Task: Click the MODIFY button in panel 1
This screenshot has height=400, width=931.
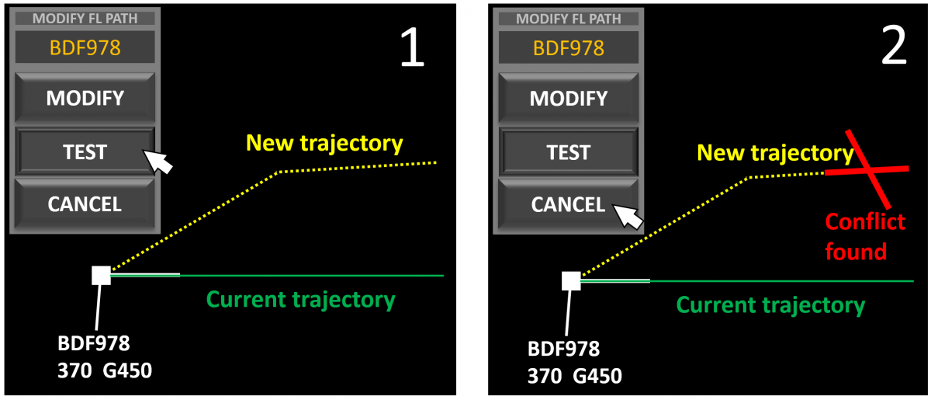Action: (85, 98)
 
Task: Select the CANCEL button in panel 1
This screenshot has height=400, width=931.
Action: (85, 204)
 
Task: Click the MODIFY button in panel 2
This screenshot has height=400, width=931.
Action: (569, 98)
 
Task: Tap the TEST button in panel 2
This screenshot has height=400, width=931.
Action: (569, 152)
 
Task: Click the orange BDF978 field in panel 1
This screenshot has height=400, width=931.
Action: (85, 48)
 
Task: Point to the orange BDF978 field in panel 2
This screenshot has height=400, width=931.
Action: (569, 48)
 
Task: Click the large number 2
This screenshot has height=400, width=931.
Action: (894, 48)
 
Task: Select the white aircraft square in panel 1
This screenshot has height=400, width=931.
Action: (101, 275)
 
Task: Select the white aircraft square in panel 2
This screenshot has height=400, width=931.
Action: (571, 281)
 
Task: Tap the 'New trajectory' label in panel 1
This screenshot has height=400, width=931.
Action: (324, 143)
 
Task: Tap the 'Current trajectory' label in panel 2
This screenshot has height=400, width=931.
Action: (770, 305)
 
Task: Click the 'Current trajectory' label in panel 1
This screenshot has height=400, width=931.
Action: (300, 300)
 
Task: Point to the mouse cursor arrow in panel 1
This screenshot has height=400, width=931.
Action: (158, 162)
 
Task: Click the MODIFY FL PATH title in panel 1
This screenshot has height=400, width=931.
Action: (85, 19)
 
